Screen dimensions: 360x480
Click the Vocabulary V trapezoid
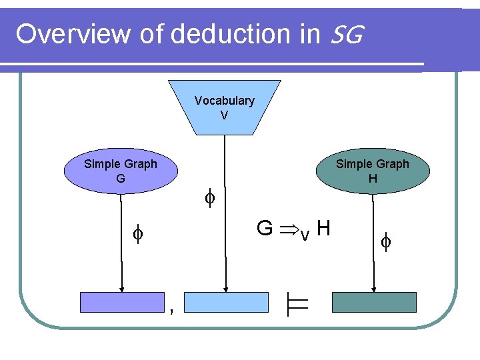coord(225,107)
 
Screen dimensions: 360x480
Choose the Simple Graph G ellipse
coord(121,171)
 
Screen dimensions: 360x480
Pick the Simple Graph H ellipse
coord(372,171)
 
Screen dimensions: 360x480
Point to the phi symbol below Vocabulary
coord(209,197)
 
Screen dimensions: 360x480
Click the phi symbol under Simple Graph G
coord(137,235)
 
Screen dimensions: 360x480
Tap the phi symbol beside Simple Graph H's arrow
coord(386,241)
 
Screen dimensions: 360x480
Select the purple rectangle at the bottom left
coord(122,302)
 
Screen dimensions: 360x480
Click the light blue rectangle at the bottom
coord(225,302)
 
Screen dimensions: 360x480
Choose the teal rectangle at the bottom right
coord(374,302)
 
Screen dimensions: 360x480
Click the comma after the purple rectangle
coord(171,309)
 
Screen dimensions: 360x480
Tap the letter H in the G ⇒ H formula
coord(324,229)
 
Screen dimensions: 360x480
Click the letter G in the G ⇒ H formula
coord(265,229)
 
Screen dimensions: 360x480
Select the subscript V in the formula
coord(304,235)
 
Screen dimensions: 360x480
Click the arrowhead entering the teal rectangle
coord(374,289)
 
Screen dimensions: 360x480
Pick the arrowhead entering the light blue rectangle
coord(227,289)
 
